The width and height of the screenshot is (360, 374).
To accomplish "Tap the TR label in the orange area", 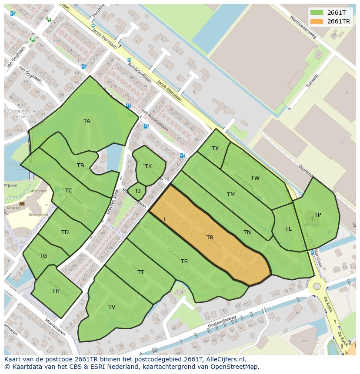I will (x=210, y=238).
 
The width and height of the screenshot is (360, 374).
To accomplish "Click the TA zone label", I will (x=87, y=121).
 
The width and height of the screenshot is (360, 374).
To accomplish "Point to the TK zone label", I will (x=148, y=166).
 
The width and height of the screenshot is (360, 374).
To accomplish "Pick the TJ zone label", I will (x=137, y=191).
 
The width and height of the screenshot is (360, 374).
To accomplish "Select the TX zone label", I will (x=215, y=149).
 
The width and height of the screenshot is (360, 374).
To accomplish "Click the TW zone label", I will (x=255, y=178).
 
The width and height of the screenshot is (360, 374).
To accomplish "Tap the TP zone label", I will (x=318, y=215).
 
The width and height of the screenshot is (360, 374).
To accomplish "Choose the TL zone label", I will (x=288, y=229).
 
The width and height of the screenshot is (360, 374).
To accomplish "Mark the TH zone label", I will (x=56, y=291).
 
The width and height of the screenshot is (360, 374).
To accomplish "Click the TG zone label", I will (x=43, y=256).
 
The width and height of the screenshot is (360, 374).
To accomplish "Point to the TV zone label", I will (x=112, y=307).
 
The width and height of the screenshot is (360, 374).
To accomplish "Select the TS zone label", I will (x=184, y=261).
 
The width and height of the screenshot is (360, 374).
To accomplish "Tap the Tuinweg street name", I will (x=312, y=81).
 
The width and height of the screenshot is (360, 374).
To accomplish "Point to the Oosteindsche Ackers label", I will (x=22, y=114).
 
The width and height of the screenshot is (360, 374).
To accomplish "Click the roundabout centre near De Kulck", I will (x=317, y=286).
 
